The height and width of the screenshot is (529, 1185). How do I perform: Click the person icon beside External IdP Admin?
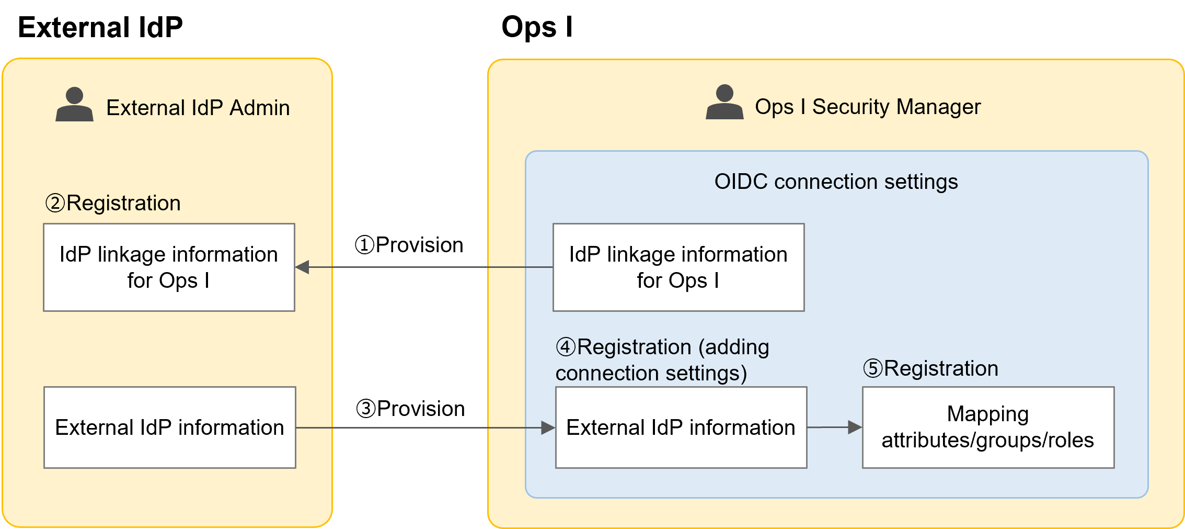[x=74, y=105]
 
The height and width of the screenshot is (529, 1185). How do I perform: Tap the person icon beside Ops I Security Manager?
[x=724, y=103]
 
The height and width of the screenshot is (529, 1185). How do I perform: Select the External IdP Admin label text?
[x=198, y=108]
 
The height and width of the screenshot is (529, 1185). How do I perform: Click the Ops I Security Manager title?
[x=868, y=107]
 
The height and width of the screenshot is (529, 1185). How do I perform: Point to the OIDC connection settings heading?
[x=836, y=182]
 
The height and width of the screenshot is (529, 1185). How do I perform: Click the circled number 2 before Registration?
[x=55, y=203]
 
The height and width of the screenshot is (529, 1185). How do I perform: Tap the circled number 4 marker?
[x=565, y=347]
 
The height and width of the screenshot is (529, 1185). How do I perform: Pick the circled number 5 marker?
[x=872, y=368]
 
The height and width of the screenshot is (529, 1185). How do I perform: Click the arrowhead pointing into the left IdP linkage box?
[x=302, y=267]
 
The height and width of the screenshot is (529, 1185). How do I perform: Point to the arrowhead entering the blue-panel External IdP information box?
[x=548, y=428]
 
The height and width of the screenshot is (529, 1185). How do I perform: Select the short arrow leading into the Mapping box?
[x=834, y=427]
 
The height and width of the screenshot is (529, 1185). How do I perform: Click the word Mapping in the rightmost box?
[x=987, y=414]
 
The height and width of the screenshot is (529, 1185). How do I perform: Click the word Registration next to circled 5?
[x=941, y=368]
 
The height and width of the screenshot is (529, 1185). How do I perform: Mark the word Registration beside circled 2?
[x=123, y=203]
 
